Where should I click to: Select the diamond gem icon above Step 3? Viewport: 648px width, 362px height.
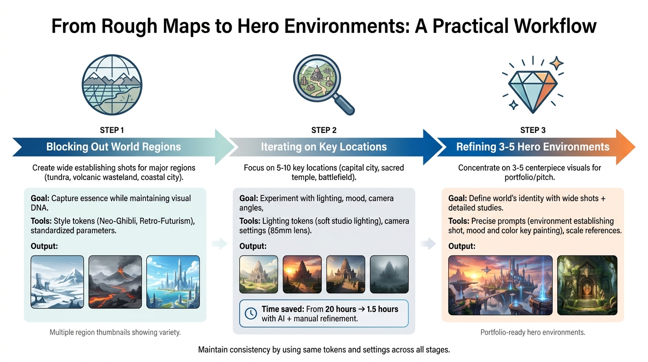(533, 87)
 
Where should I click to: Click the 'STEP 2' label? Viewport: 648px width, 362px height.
(324, 130)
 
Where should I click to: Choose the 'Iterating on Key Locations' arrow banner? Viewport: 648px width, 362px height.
(324, 147)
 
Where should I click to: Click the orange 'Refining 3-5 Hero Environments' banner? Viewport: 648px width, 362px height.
(533, 147)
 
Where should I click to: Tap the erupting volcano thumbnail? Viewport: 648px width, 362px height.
(115, 281)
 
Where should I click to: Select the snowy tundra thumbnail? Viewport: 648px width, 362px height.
(57, 281)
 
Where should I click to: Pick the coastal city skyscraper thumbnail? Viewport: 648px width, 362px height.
(173, 281)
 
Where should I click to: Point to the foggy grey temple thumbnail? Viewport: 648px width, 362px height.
(389, 274)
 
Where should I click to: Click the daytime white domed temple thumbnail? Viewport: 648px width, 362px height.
(259, 274)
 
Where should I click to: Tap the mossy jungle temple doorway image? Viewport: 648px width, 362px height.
(587, 285)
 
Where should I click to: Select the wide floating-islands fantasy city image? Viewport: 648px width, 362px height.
(500, 285)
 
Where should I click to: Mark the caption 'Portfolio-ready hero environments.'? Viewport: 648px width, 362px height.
(533, 332)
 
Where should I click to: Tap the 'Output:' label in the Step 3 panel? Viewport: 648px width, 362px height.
(462, 246)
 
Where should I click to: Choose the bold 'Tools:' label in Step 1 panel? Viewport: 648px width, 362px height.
(41, 221)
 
